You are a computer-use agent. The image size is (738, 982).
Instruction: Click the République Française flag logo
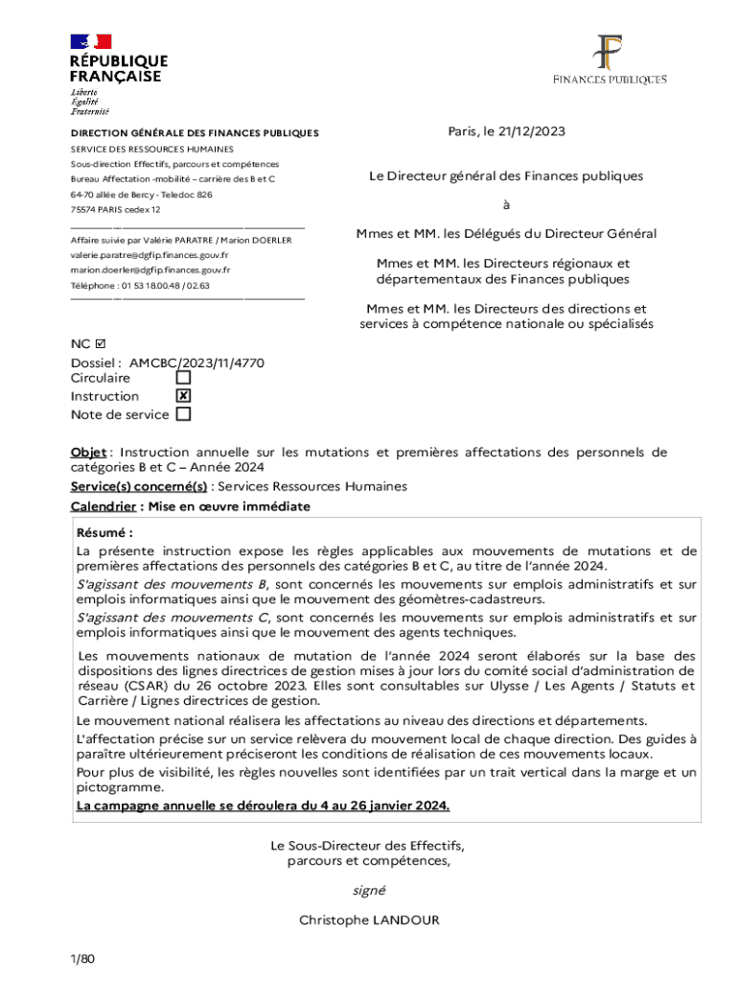(90, 41)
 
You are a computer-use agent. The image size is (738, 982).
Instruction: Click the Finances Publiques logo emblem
(609, 52)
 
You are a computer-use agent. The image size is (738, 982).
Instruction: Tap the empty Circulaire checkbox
(183, 378)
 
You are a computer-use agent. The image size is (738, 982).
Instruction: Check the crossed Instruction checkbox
(183, 396)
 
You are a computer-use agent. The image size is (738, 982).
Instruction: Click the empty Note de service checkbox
(183, 414)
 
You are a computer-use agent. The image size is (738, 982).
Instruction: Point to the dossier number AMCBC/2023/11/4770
(196, 363)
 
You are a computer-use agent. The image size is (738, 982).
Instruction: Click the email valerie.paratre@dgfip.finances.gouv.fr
(150, 255)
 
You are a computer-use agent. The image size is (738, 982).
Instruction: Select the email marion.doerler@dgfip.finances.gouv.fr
(150, 270)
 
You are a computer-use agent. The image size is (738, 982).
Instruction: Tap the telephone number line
(140, 286)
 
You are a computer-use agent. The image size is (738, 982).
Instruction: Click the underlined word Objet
(88, 453)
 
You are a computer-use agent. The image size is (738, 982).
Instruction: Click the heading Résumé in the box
(104, 532)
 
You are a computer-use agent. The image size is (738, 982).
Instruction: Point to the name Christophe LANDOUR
(369, 920)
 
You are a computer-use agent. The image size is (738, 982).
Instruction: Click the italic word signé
(369, 890)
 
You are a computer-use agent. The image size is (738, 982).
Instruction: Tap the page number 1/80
(82, 959)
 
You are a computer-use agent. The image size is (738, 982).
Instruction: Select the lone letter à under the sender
(506, 205)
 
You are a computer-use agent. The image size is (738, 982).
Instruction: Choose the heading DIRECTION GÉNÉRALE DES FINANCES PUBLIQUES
(195, 133)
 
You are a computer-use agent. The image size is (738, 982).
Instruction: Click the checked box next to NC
(103, 343)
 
